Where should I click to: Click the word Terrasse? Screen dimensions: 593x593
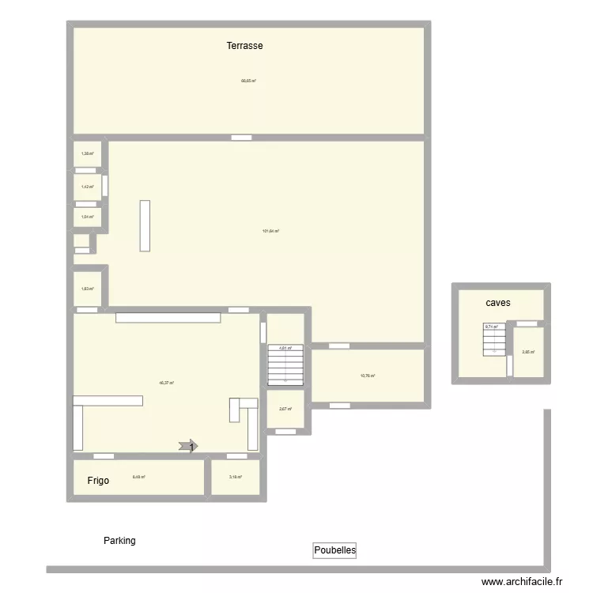244,46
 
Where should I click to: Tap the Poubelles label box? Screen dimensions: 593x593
334,550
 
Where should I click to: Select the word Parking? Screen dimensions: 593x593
119,541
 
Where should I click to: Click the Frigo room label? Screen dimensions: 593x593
99,480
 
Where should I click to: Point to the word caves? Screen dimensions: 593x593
498,303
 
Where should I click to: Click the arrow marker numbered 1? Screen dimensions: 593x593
189,448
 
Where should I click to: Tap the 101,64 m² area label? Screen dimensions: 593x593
270,231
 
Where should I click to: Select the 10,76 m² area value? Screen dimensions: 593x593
368,376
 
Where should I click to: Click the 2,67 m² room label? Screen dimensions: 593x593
285,409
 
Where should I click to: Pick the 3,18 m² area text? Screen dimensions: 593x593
235,477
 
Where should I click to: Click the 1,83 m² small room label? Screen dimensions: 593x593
88,289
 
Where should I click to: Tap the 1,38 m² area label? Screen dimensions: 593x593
88,153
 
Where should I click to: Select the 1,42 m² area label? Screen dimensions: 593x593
88,187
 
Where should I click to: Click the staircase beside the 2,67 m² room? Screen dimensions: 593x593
285,366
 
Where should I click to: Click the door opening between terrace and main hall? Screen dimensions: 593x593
242,138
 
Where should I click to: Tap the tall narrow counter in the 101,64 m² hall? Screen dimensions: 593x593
145,226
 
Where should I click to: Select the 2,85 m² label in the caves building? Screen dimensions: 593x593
528,352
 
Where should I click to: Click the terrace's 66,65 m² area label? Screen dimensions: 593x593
248,80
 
